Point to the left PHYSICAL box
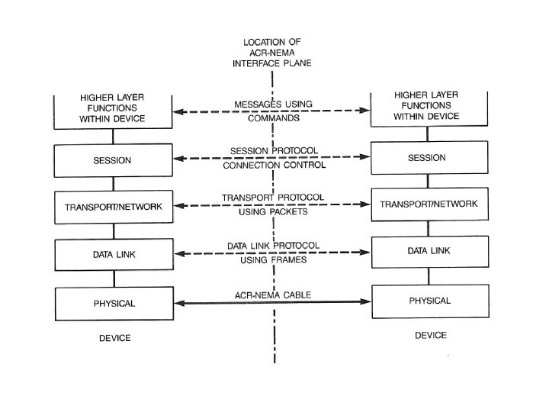click(114, 303)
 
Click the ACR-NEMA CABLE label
click(272, 295)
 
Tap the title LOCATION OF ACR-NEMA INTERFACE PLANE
click(272, 52)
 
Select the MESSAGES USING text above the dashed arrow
click(272, 104)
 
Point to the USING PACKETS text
click(272, 211)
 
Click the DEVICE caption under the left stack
click(114, 337)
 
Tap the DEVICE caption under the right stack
click(431, 335)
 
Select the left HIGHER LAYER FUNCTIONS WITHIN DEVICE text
click(112, 108)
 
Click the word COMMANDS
click(272, 118)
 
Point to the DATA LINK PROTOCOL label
click(272, 246)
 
